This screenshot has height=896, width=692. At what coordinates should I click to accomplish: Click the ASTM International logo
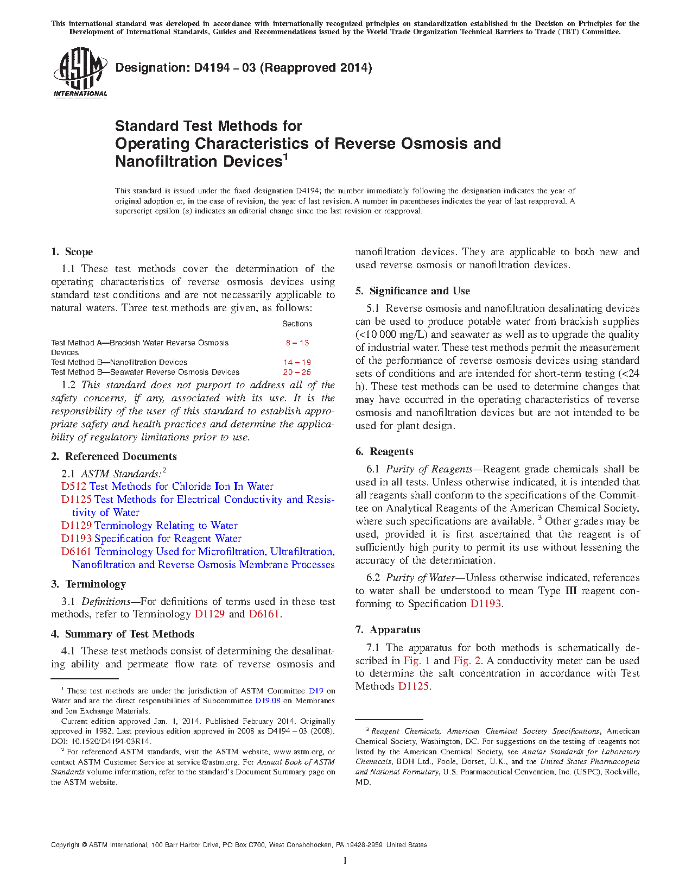point(80,73)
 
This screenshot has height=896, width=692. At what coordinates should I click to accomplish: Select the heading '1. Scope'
point(72,251)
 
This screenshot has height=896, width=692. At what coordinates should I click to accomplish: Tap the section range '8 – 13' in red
point(297,343)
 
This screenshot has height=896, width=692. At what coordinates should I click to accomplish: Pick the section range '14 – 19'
point(297,362)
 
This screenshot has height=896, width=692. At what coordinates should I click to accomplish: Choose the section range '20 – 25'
point(297,372)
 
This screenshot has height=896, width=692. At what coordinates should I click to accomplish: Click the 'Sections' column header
point(297,324)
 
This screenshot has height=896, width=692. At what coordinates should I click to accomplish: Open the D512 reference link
point(74,486)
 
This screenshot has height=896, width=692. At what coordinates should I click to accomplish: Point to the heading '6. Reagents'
point(384,451)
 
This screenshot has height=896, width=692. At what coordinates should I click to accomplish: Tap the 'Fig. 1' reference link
point(416,660)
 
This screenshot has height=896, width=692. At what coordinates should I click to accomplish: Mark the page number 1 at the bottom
point(345,860)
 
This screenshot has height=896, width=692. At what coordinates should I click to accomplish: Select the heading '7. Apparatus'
point(388,629)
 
